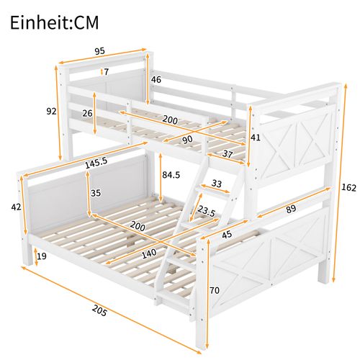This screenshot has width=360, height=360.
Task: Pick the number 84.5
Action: pos(172,175)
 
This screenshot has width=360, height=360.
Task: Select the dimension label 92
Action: pos(50,112)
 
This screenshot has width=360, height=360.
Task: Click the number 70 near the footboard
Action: pos(215,292)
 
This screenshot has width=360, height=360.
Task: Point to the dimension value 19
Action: pos(42,256)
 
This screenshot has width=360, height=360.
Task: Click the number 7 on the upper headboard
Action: pos(107,71)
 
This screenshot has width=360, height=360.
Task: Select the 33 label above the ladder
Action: pos(216,184)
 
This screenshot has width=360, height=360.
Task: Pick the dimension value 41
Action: pos(256,138)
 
